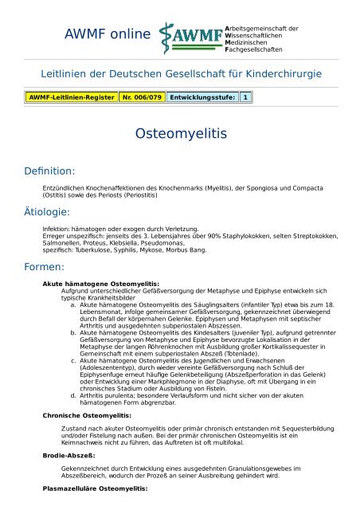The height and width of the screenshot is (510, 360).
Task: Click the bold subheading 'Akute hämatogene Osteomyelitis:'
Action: click(x=100, y=284)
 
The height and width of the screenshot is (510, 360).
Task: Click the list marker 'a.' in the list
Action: click(x=73, y=305)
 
